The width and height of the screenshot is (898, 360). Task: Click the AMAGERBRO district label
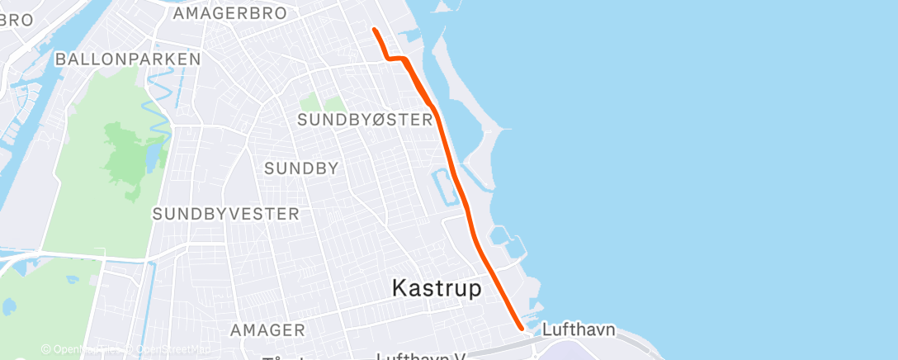click(x=230, y=13)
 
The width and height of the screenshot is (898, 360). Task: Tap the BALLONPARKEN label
click(x=128, y=59)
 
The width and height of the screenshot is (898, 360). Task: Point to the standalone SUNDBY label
click(x=301, y=168)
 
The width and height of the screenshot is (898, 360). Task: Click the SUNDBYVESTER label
click(x=225, y=214)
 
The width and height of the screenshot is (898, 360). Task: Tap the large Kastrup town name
click(x=437, y=288)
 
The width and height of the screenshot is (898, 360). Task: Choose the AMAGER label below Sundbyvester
click(x=267, y=330)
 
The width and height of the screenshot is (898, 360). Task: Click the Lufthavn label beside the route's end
click(x=579, y=329)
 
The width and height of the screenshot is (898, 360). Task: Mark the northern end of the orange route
click(x=375, y=30)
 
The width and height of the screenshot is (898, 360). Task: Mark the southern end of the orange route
click(x=522, y=327)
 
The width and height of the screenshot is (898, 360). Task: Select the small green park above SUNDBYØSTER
click(x=321, y=103)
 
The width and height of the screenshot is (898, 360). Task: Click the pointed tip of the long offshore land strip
click(x=507, y=130)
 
